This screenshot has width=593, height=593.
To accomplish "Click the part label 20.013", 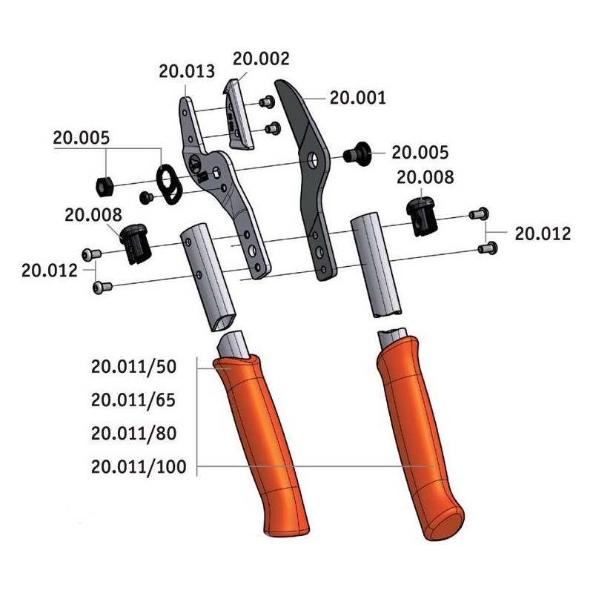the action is click(x=187, y=71).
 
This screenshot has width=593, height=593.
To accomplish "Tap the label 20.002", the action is click(x=261, y=59).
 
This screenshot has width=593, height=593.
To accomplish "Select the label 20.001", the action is click(x=358, y=98).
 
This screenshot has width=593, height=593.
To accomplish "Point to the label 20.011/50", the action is click(x=134, y=367).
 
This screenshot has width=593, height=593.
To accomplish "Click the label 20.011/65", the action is click(x=133, y=400).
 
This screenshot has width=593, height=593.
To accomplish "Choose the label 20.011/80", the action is click(x=134, y=434).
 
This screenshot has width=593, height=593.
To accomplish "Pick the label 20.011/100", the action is click(x=139, y=467).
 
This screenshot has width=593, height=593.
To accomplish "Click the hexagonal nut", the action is click(x=104, y=186).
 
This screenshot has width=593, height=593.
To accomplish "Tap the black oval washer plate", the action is click(x=169, y=185).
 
